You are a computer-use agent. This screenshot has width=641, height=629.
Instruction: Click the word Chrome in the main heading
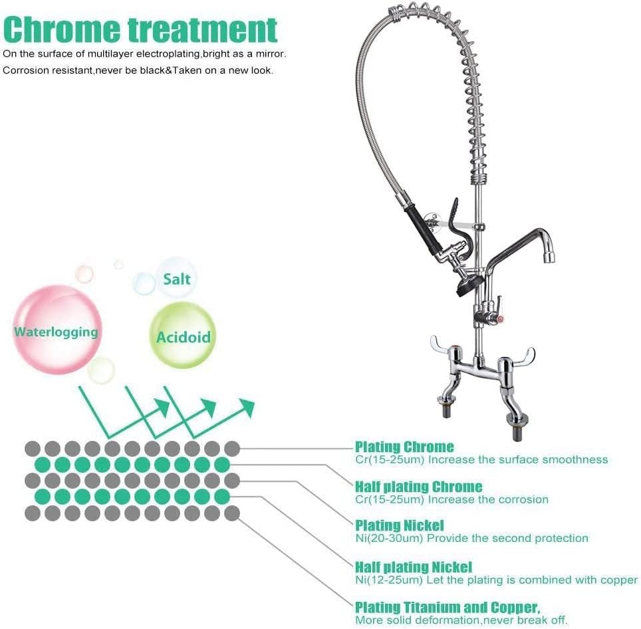pos(62,29)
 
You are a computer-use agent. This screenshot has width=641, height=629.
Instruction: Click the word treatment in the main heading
pos(203,29)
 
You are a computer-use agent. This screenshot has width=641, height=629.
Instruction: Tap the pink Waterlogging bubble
pos(57,329)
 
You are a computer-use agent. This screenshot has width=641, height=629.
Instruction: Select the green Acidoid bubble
pos(182,336)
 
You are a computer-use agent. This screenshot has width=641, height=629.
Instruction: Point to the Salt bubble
pos(177,278)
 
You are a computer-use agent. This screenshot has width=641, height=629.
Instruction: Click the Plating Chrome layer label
pos(404,447)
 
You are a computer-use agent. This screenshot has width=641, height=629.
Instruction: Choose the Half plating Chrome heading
pos(419,487)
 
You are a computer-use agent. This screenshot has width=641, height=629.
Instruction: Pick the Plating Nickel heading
pos(400,525)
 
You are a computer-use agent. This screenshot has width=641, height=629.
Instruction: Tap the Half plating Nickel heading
pos(414,567)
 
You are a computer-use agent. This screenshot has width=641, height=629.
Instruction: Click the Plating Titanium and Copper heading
pos(448,607)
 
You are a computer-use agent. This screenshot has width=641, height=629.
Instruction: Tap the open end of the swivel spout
pos(550,257)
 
